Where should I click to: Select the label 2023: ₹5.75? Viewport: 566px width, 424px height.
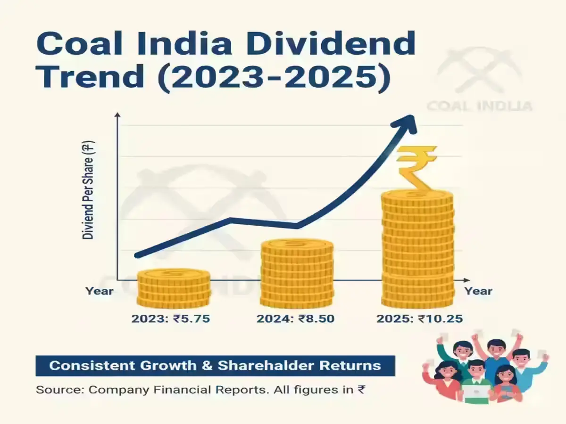170,318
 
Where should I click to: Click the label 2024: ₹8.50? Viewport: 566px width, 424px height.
295,318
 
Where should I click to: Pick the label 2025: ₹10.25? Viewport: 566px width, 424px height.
419,318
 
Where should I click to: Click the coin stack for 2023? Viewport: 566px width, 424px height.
174,288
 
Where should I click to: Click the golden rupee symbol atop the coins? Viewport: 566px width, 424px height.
416,167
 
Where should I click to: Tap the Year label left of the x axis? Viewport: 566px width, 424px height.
99,291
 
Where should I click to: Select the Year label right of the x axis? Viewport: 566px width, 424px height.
478,291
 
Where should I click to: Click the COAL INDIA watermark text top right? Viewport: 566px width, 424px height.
479,105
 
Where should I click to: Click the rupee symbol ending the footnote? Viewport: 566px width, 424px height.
361,390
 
